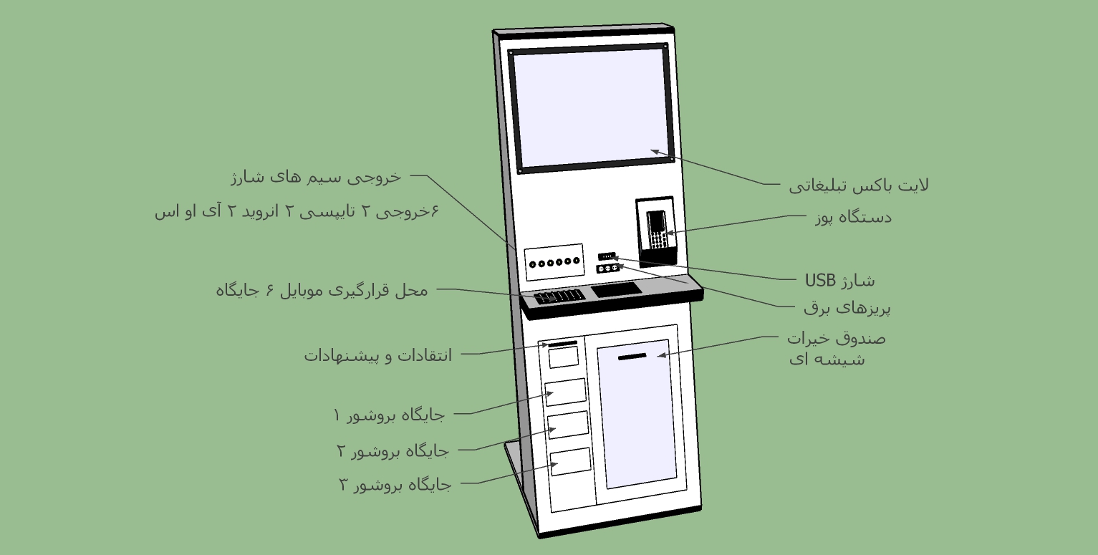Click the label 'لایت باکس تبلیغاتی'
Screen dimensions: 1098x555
tap(859, 185)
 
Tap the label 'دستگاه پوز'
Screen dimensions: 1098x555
tap(853, 217)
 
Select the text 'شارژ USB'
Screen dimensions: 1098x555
tap(839, 281)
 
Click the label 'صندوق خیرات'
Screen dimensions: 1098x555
tap(837, 338)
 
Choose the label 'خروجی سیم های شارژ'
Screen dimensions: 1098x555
tap(316, 177)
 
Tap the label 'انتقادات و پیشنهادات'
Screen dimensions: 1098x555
tap(378, 355)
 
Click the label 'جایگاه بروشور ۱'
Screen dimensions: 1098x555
tap(389, 415)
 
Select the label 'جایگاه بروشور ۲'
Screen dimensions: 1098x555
tap(393, 450)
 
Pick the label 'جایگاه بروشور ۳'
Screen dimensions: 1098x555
tap(395, 485)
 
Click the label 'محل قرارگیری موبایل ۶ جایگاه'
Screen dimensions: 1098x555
tap(322, 290)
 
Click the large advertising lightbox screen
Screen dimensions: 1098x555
tap(590, 108)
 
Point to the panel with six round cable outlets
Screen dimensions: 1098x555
tap(554, 262)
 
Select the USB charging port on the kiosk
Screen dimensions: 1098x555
tap(607, 256)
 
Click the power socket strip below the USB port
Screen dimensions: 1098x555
tap(608, 268)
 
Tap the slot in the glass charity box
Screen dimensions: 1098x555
tap(632, 357)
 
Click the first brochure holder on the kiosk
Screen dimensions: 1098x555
tap(566, 392)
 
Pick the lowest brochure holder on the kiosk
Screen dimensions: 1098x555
tap(571, 461)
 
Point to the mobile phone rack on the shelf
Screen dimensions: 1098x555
tap(559, 296)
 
